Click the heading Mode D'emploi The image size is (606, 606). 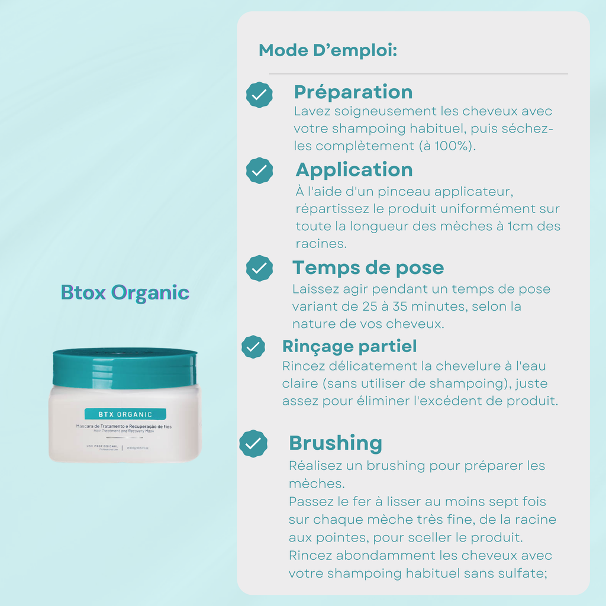pyautogui.click(x=327, y=50)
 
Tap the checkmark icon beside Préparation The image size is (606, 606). pyautogui.click(x=259, y=95)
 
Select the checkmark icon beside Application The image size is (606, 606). pyautogui.click(x=259, y=170)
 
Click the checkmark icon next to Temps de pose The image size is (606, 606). pyautogui.click(x=259, y=268)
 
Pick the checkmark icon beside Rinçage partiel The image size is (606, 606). pyautogui.click(x=253, y=347)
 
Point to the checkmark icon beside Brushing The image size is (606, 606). pyautogui.click(x=253, y=443)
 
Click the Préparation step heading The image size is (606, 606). pyautogui.click(x=353, y=92)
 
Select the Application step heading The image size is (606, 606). pyautogui.click(x=354, y=170)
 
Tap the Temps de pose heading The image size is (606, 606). pyautogui.click(x=368, y=267)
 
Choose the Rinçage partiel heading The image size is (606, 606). pyautogui.click(x=349, y=346)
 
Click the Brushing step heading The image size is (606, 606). pyautogui.click(x=335, y=443)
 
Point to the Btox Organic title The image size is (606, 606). pyautogui.click(x=125, y=292)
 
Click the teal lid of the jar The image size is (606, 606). pyautogui.click(x=125, y=367)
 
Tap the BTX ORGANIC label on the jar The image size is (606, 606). pyautogui.click(x=125, y=414)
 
